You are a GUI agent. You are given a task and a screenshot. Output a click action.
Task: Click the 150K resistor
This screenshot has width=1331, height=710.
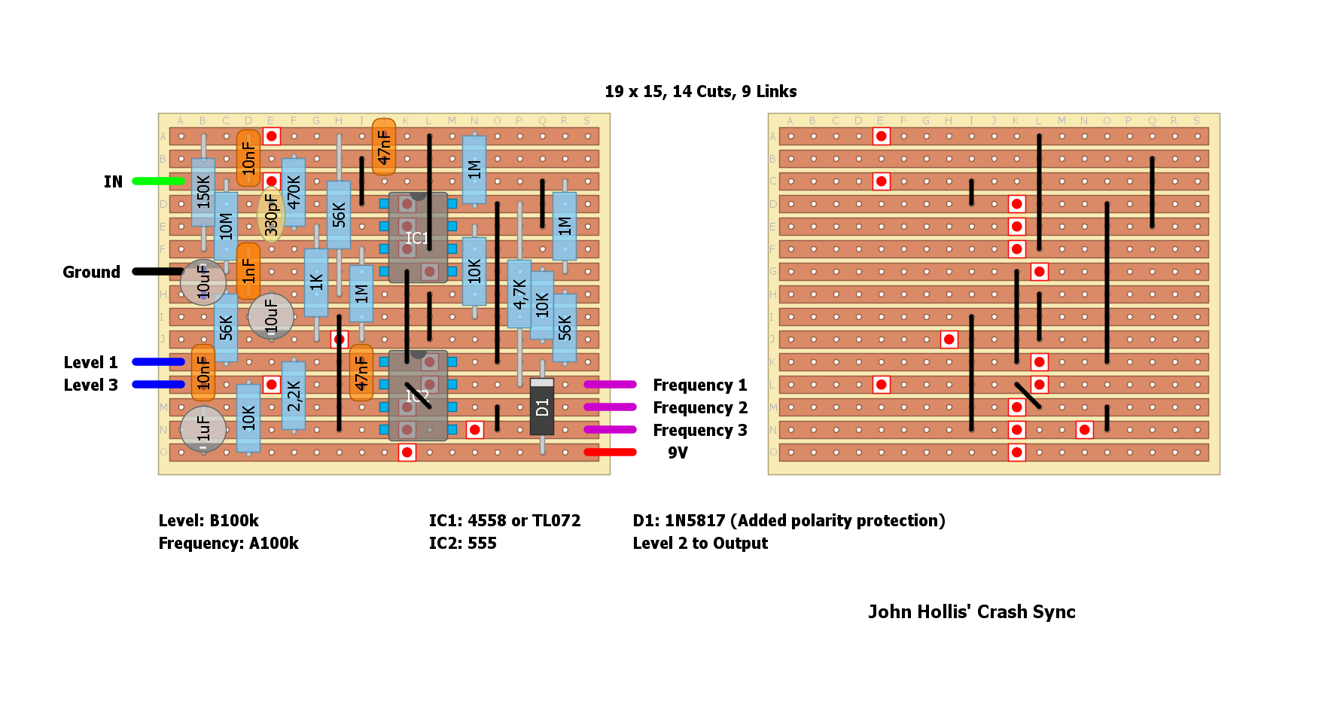coord(203,192)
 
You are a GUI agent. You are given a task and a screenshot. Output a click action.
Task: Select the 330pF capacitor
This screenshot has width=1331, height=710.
coord(271,215)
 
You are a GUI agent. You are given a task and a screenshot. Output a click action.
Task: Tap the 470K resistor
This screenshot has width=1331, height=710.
coord(294,192)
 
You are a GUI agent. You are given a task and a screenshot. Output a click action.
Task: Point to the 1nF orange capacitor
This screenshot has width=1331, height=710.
coord(248,271)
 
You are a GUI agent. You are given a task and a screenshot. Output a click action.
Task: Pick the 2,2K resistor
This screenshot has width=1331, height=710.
coord(294,395)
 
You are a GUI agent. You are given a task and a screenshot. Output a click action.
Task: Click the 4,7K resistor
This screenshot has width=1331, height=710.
coord(519,294)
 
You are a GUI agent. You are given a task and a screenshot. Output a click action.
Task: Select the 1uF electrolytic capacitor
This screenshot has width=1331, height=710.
coord(203,429)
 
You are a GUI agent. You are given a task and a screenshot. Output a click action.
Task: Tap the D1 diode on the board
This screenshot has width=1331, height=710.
coord(542,407)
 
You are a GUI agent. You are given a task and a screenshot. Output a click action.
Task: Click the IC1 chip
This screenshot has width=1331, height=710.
coord(418,237)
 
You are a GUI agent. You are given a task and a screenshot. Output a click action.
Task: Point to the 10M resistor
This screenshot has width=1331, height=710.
coord(226,226)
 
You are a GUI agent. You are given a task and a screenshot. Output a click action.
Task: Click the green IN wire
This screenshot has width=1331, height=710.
coord(158,181)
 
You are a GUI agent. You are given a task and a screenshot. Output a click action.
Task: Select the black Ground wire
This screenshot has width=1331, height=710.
coord(158,271)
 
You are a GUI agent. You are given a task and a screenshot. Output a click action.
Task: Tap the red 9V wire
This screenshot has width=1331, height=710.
coord(610,452)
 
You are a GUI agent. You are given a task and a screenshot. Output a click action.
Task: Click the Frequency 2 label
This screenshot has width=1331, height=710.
coord(700,407)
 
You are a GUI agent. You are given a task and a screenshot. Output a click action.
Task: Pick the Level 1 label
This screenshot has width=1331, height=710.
coord(90,362)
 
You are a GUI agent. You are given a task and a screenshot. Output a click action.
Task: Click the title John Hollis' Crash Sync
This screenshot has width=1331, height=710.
coord(971,611)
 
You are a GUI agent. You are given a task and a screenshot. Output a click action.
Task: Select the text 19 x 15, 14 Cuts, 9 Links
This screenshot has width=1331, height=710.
coord(700,91)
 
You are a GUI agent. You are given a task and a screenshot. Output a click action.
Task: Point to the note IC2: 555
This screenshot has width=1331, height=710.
coord(462,543)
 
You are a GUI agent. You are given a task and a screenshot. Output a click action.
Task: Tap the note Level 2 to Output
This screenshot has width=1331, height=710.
coord(700,543)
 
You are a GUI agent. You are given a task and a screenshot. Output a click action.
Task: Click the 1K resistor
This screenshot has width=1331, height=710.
coord(316,282)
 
